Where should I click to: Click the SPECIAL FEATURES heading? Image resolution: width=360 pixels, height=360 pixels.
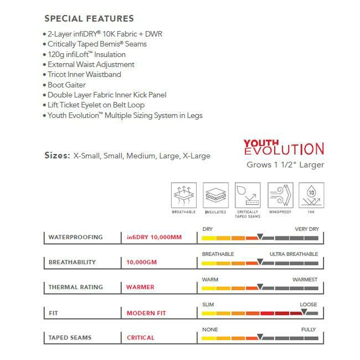click(89, 19)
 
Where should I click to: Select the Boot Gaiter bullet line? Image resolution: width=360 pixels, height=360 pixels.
click(66, 85)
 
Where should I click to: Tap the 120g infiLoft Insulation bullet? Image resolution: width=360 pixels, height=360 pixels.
click(86, 54)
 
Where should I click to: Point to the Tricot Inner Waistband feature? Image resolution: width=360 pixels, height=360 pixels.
click(84, 75)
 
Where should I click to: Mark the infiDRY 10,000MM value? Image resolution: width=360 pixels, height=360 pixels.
click(153, 237)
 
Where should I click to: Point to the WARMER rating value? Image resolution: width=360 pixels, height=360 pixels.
click(141, 287)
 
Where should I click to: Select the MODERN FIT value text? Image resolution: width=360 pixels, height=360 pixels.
click(146, 313)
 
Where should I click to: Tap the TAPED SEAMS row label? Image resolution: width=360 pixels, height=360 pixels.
click(70, 337)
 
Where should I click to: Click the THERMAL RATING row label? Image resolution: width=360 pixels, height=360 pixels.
click(75, 287)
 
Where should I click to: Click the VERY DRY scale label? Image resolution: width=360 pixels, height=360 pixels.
click(306, 229)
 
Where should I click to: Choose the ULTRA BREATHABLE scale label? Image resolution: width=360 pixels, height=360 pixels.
click(294, 254)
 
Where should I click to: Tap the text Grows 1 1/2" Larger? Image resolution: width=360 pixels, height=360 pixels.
click(285, 164)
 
